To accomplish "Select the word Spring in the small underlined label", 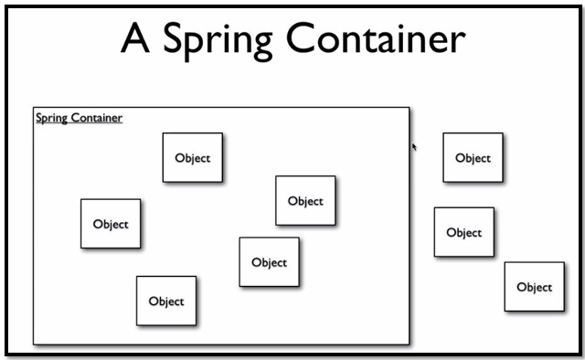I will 51,118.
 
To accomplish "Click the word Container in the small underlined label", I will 96,118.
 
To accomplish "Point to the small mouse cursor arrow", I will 414,145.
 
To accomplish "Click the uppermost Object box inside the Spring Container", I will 193,157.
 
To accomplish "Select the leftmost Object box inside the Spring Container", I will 111,224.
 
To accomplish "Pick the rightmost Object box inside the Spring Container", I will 305,201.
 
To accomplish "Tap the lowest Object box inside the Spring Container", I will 166,301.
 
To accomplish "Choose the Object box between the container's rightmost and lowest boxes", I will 269,262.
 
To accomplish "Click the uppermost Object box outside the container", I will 473,157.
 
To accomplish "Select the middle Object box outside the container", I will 463,232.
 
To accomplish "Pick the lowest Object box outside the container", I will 534,286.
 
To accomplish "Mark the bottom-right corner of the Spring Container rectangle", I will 409,344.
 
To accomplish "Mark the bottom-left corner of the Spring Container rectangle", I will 34,344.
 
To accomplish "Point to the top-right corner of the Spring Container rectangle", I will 409,108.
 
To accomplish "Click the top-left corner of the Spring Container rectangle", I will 34,108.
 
